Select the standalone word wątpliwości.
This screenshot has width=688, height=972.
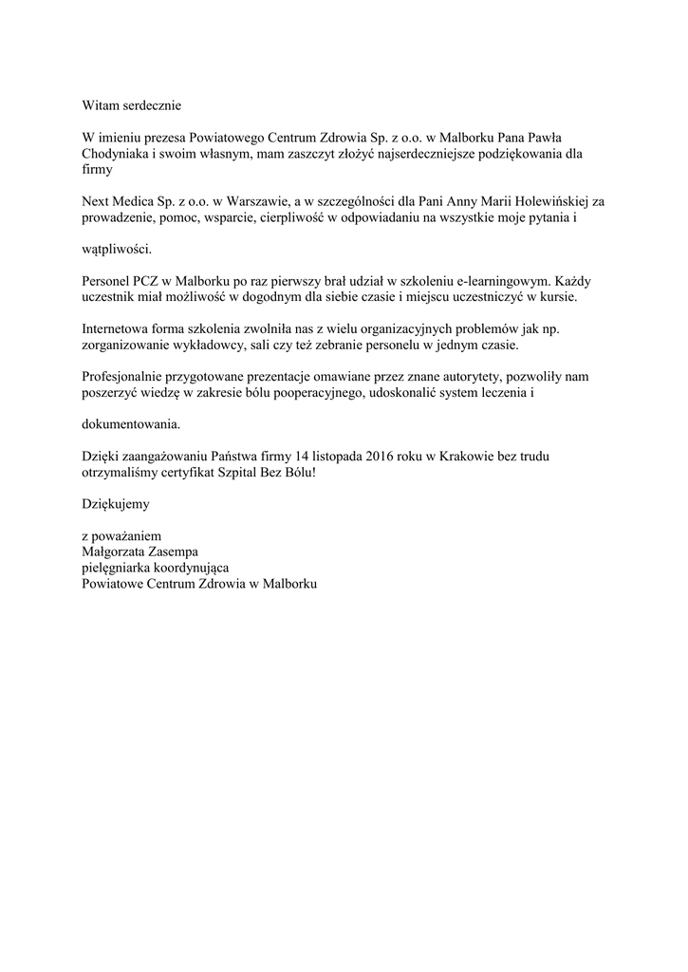click(116, 249)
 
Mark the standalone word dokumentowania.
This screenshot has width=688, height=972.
click(129, 423)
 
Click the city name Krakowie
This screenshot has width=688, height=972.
click(466, 457)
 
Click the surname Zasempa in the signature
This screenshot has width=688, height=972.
click(176, 551)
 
